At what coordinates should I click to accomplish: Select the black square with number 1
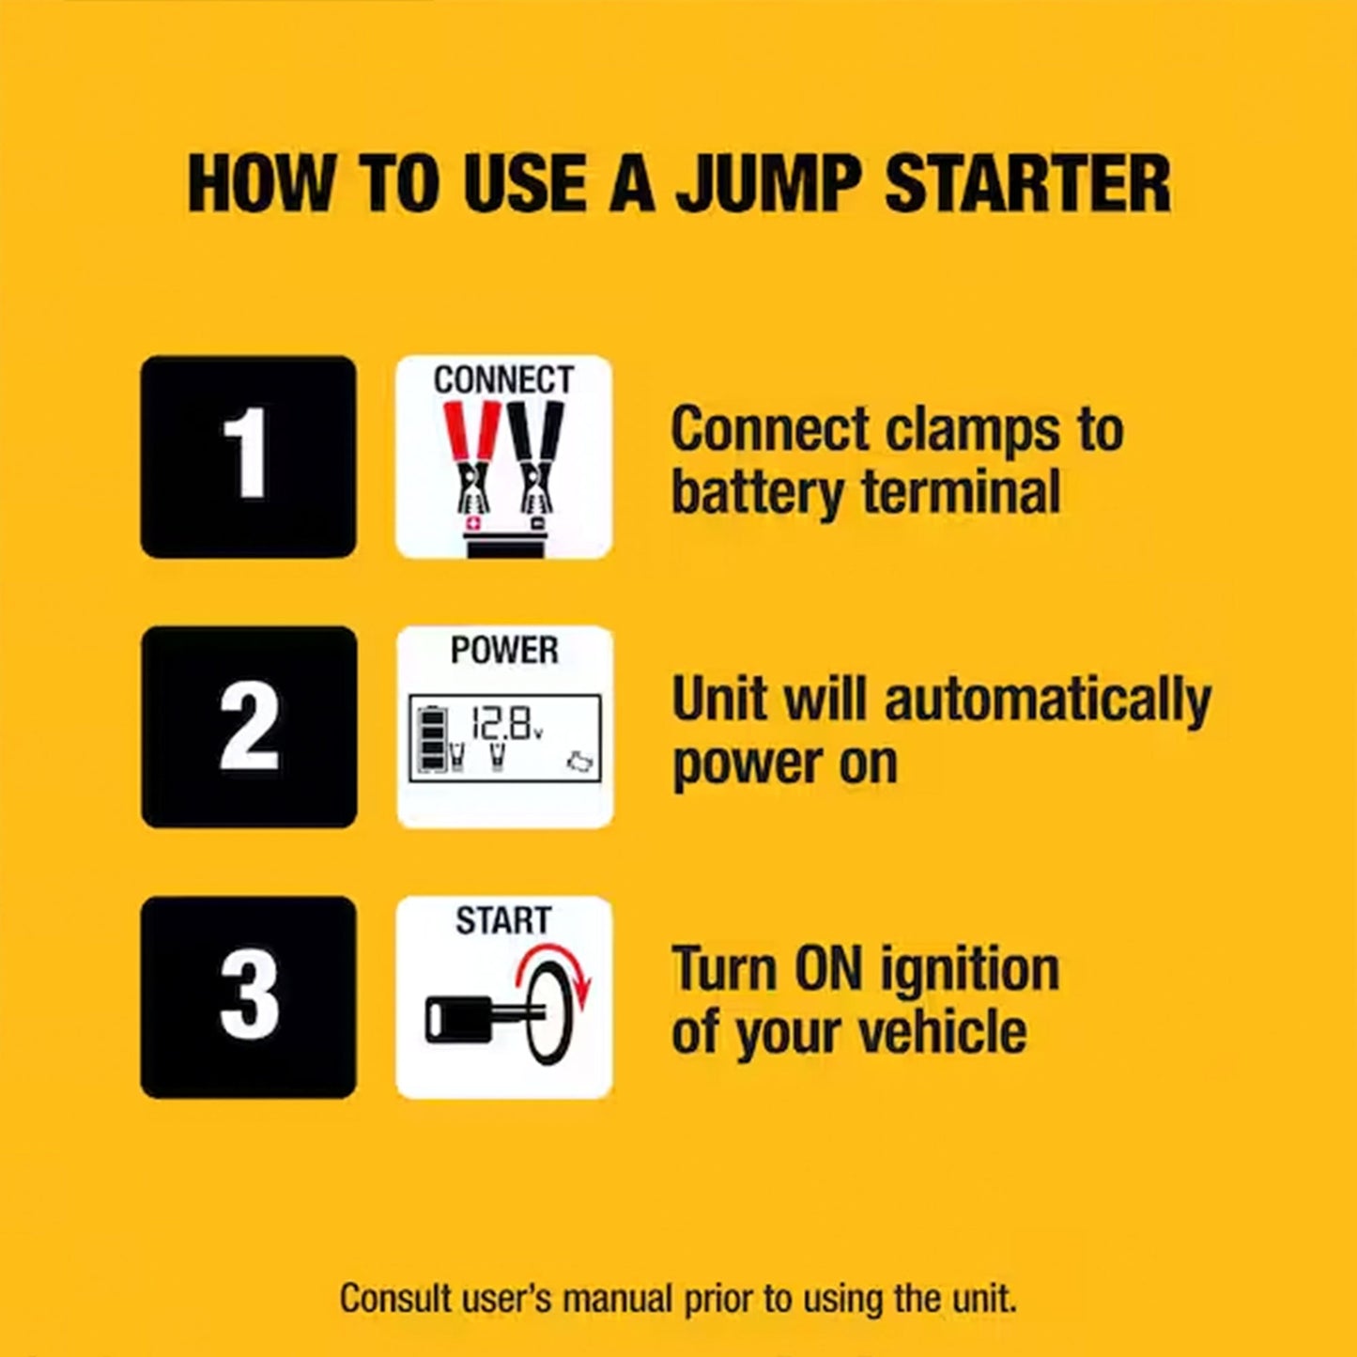[x=248, y=456]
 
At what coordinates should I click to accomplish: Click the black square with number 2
[x=249, y=727]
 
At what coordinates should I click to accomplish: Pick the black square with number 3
[x=249, y=996]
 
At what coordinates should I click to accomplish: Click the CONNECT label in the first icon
[x=503, y=380]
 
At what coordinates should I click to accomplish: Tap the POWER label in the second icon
[x=504, y=650]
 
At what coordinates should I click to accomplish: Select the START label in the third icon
[x=503, y=920]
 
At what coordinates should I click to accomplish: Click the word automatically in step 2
[x=1048, y=702]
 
